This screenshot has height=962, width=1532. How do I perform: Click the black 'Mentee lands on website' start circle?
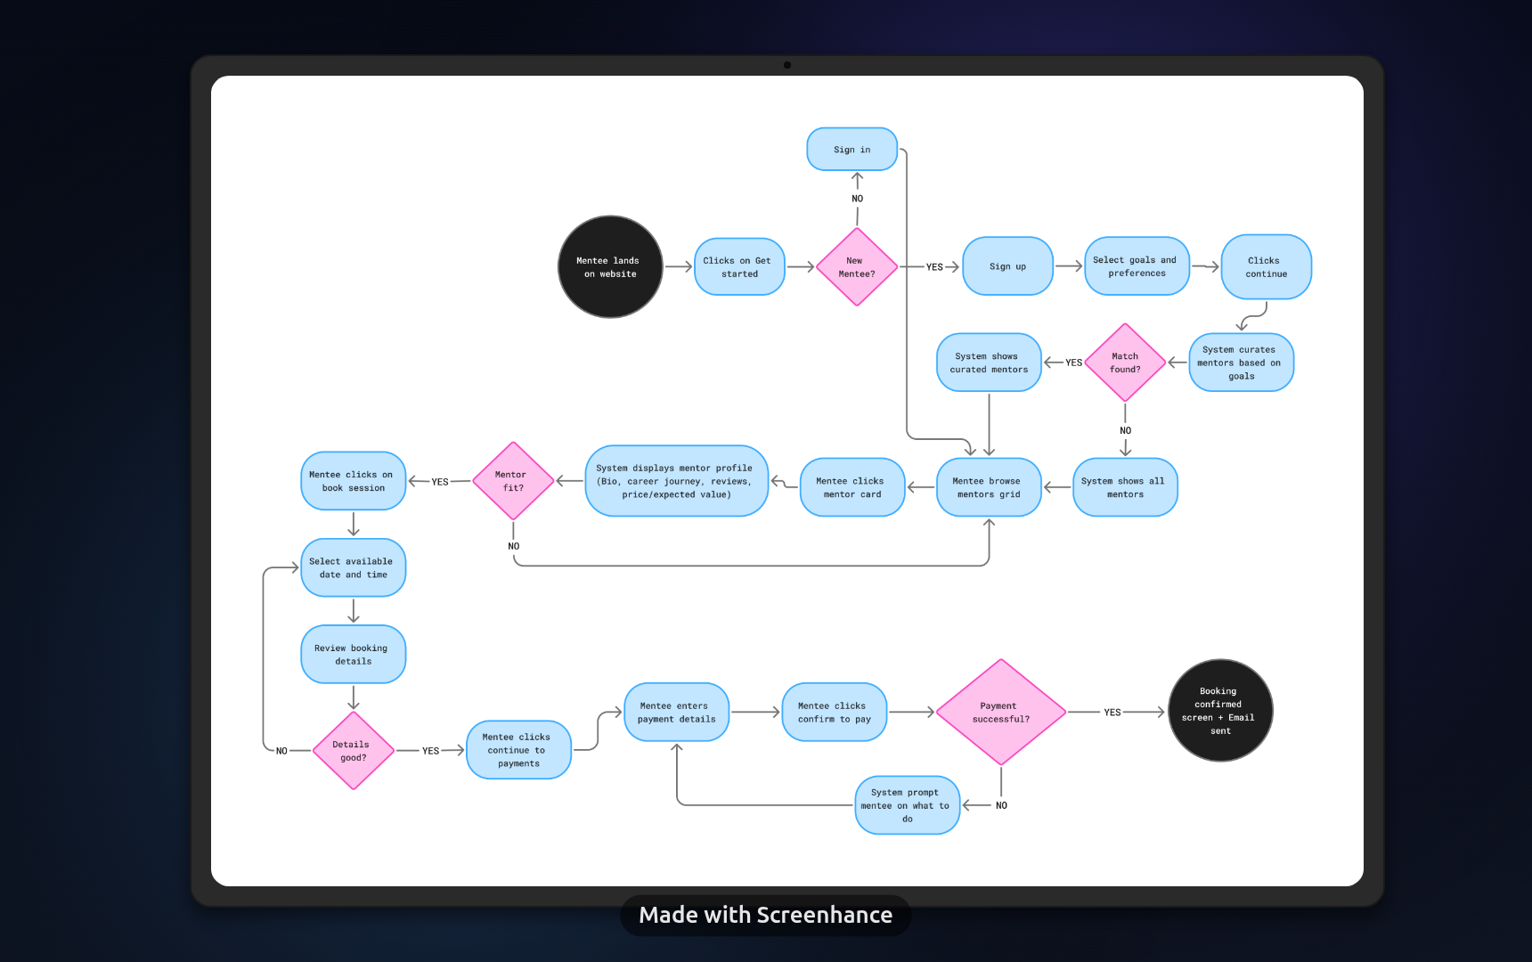[610, 266]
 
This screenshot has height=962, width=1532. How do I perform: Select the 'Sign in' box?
[852, 150]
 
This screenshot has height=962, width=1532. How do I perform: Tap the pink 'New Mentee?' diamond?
[857, 267]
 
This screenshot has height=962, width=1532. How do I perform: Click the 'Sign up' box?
[1007, 266]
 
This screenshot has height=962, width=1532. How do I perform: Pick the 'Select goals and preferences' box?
[1136, 266]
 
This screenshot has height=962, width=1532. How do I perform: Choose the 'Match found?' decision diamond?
[1125, 363]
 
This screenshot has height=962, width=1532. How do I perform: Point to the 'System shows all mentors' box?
[1124, 487]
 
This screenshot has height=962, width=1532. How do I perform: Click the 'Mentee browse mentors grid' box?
[988, 487]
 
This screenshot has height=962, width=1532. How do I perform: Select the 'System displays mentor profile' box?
[676, 481]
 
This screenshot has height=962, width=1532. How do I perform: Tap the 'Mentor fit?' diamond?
[512, 481]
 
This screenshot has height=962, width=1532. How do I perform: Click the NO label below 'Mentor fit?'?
[514, 546]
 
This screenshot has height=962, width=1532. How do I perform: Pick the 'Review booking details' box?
[353, 655]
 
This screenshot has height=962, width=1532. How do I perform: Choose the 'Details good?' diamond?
[353, 751]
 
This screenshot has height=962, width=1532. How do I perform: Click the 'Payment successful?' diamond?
[1000, 713]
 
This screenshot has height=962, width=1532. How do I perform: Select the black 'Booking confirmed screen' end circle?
[1219, 711]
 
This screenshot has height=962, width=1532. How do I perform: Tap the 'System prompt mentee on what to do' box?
[907, 805]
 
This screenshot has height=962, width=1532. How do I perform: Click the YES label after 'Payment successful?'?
[1112, 713]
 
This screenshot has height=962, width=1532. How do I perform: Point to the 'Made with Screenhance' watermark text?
[765, 915]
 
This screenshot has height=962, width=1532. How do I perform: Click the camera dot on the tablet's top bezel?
[787, 65]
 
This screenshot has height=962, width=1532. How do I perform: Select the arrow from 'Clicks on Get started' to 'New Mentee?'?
[800, 266]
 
